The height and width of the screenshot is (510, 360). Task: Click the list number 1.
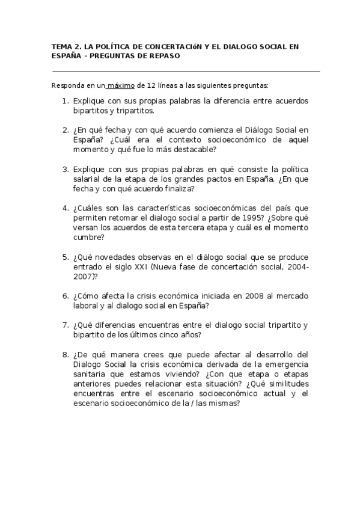click(x=65, y=101)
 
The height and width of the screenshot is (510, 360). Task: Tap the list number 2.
click(x=65, y=129)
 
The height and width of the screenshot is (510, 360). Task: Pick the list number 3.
click(x=65, y=170)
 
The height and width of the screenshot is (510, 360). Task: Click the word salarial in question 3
click(x=86, y=179)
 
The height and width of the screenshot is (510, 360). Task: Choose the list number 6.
click(x=65, y=295)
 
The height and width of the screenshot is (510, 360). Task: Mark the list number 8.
click(x=65, y=354)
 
